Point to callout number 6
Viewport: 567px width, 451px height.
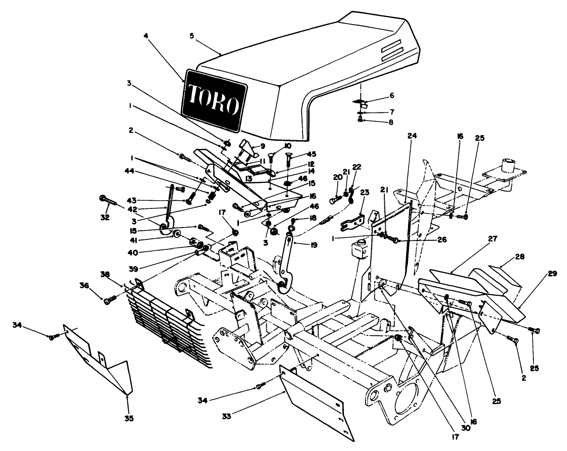coord(392,96)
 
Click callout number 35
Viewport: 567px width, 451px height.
coord(129,418)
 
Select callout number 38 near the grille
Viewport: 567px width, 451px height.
coord(105,274)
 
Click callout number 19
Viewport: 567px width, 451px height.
coord(313,245)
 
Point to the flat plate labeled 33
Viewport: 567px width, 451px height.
coord(318,400)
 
